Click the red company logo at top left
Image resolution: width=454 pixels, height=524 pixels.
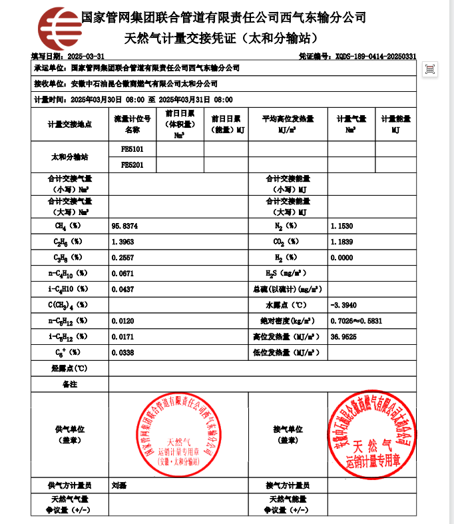pos(59,29)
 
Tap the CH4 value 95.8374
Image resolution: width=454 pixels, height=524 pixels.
pos(124,226)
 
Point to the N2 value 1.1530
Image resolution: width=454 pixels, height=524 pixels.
pos(341,226)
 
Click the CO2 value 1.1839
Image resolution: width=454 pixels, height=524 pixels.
pos(341,242)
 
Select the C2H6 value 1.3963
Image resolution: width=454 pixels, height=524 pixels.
pos(123,242)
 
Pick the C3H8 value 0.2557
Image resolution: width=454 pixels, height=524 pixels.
pos(123,258)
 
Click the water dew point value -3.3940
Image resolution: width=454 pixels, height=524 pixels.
pos(343,304)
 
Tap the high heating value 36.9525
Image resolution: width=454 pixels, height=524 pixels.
pos(343,336)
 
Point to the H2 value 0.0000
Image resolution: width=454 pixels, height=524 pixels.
pos(341,258)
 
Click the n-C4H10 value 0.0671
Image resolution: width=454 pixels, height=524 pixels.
pos(123,273)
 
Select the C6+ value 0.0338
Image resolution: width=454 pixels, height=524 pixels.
pos(123,352)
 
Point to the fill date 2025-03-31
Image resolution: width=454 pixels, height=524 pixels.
pos(86,56)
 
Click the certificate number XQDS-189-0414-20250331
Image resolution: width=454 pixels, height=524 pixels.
pos(376,56)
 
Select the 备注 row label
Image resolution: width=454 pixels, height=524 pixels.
pos(70,384)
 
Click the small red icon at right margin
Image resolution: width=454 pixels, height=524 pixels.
pos(430,69)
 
